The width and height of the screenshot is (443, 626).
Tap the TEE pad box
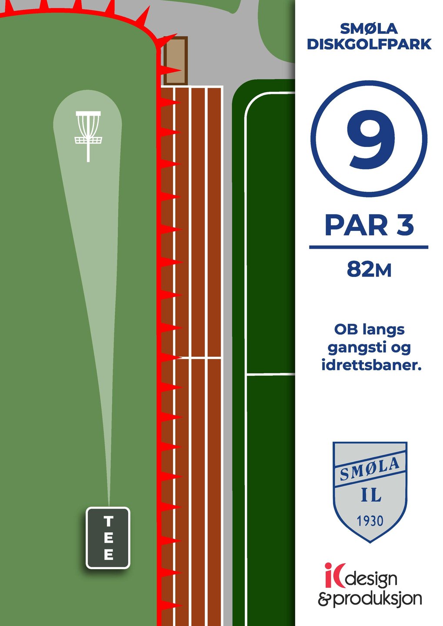coord(108,538)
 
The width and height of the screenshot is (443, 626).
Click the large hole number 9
coord(370,139)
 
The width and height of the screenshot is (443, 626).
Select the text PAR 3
coord(369,226)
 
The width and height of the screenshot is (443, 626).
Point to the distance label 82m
coord(369,270)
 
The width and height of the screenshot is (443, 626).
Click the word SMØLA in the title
coord(369,29)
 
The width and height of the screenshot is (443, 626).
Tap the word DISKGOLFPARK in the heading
coord(369,44)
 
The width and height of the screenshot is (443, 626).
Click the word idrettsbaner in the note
coord(371,365)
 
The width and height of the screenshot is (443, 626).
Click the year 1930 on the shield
coord(370,521)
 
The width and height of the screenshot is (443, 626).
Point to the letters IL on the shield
coord(371,495)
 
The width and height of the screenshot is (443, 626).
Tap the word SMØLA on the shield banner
coord(370,469)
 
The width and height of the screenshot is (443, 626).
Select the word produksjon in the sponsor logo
coord(377,599)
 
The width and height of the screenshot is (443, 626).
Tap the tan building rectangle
coord(176,60)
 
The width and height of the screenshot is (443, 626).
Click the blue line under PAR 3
coord(369,247)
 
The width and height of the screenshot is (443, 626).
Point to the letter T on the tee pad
coord(108,521)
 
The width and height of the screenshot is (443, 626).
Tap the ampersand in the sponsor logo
coord(324,599)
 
